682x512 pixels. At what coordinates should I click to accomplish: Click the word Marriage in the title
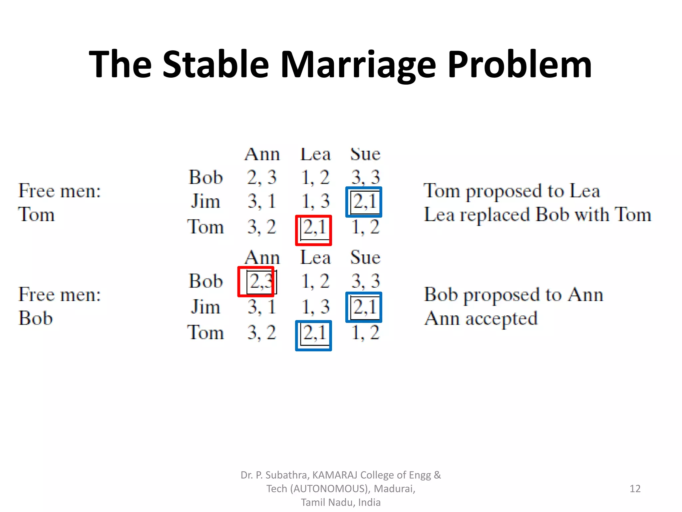coord(358,65)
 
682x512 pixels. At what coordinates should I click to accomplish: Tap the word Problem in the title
coord(519,65)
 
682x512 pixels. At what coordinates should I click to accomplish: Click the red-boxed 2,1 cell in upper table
coord(313,230)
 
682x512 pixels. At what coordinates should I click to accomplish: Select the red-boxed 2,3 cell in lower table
coord(256,282)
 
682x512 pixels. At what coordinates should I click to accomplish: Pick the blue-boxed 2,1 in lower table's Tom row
coord(313,335)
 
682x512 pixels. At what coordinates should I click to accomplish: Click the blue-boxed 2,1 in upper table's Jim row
coord(364,202)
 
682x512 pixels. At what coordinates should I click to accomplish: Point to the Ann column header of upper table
coord(262,154)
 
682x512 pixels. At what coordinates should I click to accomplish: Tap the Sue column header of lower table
coord(365,258)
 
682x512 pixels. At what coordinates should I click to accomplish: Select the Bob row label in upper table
coord(205,177)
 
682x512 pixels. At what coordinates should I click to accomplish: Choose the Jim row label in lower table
coord(205,307)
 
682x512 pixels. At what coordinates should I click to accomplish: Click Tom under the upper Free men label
coord(36,214)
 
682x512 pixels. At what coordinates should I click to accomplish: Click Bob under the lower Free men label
coord(35,318)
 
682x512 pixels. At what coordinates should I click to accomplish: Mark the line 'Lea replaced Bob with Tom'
coord(537,215)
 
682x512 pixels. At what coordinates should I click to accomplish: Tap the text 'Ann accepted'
coord(481,319)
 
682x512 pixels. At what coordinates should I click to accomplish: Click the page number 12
coord(635,489)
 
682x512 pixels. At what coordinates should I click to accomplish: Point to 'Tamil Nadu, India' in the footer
coord(341,502)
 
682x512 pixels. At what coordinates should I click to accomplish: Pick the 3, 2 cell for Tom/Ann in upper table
coord(262,227)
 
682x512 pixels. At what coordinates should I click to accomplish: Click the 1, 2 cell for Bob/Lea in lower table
coord(315,281)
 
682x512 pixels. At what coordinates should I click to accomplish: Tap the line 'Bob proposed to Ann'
coord(513,295)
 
